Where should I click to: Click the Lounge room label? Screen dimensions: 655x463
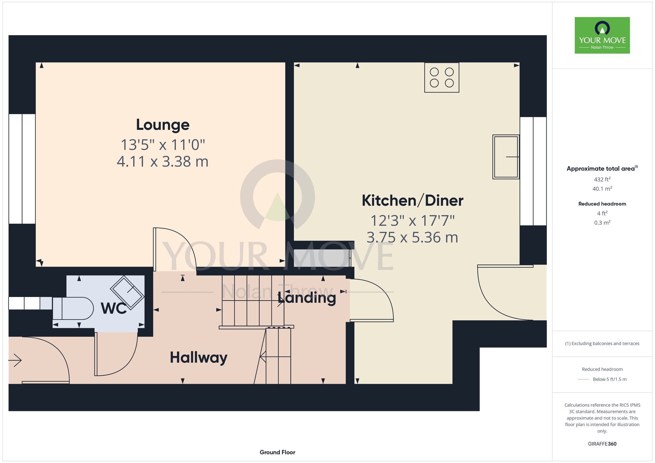click(x=163, y=125)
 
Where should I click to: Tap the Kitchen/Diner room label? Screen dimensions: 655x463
click(x=412, y=200)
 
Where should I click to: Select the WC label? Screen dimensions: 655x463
click(x=114, y=308)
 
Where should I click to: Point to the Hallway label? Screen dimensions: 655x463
click(x=198, y=358)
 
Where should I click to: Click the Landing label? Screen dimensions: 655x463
click(x=307, y=298)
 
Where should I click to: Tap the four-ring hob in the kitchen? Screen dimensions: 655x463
click(x=441, y=78)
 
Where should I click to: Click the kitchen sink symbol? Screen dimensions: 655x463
click(x=506, y=157)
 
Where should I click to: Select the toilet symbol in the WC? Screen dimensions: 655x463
click(x=73, y=308)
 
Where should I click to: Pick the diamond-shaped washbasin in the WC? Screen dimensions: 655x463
click(x=127, y=293)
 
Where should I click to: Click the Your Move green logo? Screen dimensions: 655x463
click(x=602, y=35)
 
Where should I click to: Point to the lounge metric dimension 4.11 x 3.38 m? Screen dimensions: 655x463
click(x=163, y=162)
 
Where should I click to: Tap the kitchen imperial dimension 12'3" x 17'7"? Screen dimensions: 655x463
click(x=412, y=221)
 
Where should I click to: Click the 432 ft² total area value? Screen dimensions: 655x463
click(x=602, y=179)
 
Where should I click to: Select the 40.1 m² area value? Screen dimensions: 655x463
click(x=602, y=189)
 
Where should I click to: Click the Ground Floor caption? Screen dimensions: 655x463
click(x=277, y=452)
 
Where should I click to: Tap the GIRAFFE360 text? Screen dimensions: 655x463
click(x=602, y=444)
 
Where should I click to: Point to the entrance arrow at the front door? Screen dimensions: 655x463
click(x=15, y=361)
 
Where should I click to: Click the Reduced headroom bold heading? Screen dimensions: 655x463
click(x=602, y=204)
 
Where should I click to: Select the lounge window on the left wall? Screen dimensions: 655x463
click(x=22, y=169)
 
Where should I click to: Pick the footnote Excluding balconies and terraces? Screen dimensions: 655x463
click(x=602, y=343)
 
